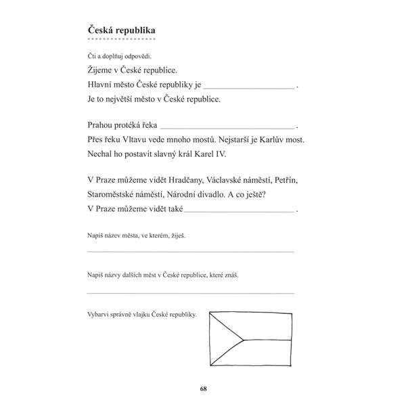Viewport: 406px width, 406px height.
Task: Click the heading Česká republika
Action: pyautogui.click(x=121, y=30)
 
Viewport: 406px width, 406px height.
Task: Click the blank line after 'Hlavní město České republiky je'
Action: pyautogui.click(x=248, y=87)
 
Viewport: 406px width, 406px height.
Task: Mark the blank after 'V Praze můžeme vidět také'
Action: pyautogui.click(x=240, y=210)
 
